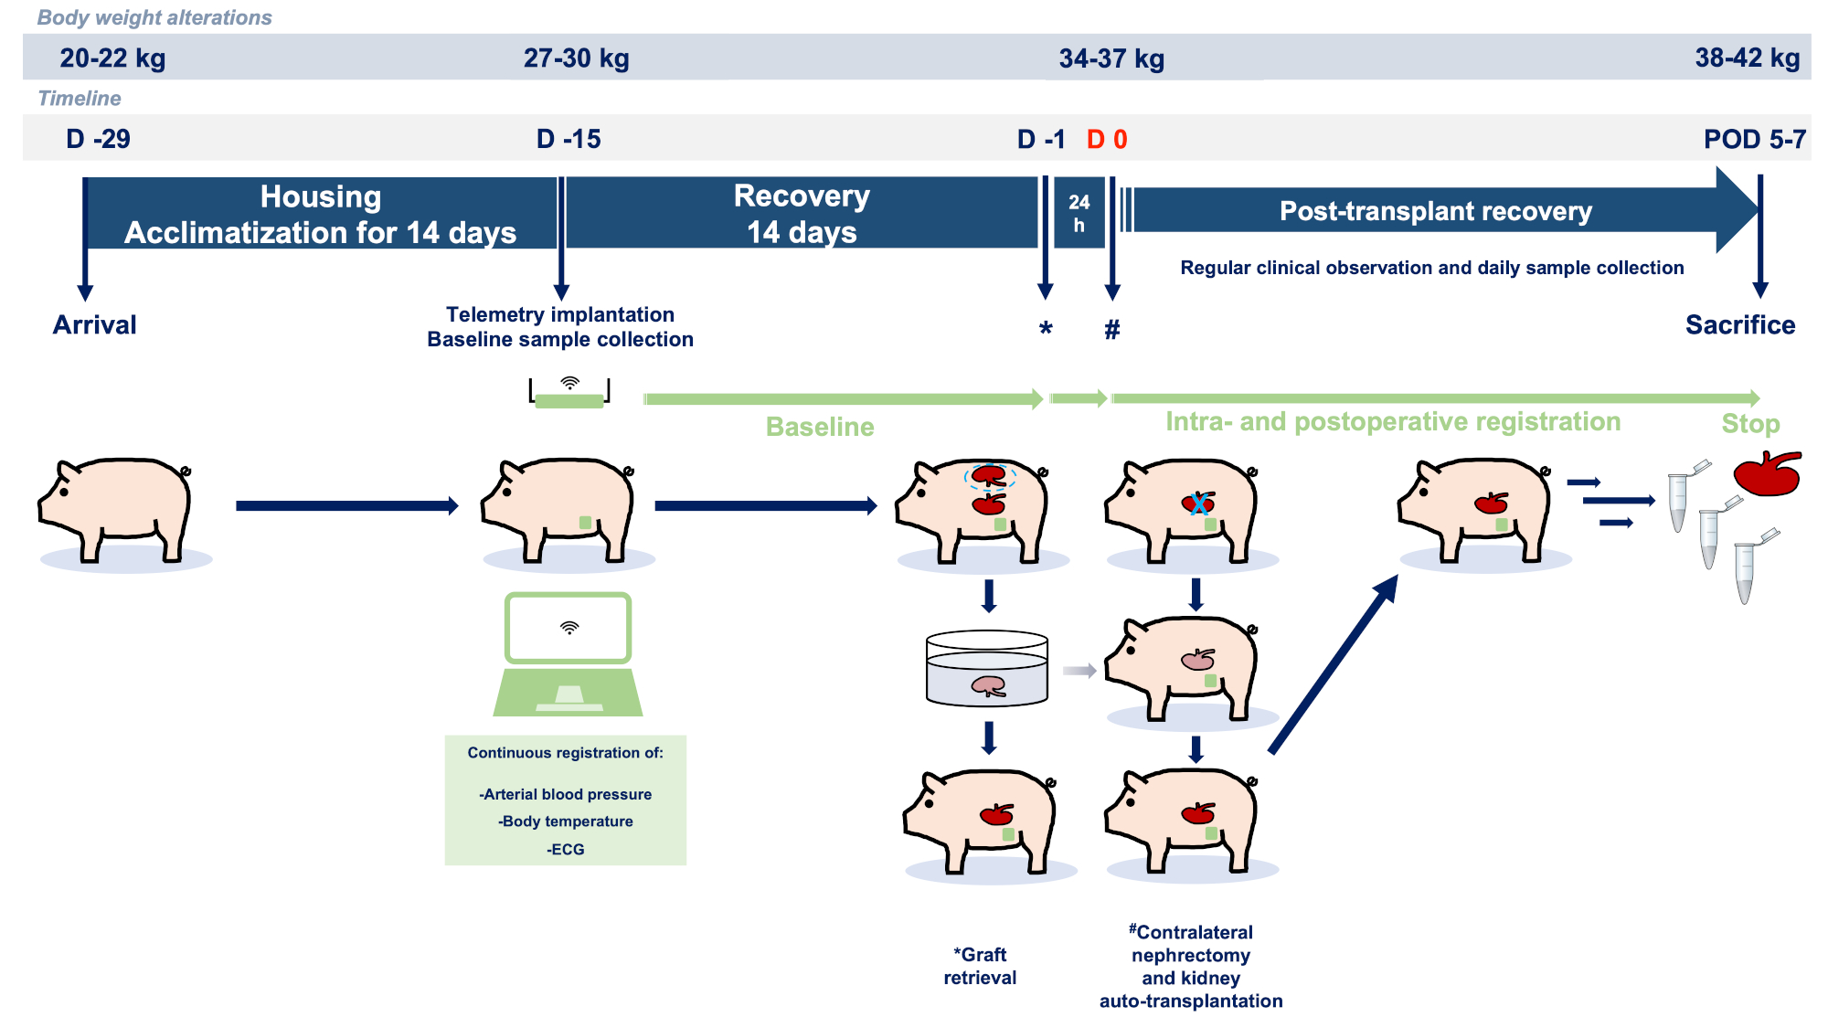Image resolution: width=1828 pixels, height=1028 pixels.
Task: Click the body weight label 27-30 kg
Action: click(x=576, y=58)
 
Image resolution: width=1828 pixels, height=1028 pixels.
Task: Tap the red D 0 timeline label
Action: click(x=1107, y=139)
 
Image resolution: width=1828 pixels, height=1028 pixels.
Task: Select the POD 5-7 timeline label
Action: click(x=1754, y=139)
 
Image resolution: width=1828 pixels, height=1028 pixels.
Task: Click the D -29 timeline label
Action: click(x=98, y=139)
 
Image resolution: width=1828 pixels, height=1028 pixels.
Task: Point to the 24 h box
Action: click(x=1079, y=213)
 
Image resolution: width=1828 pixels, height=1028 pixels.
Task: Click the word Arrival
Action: click(x=94, y=324)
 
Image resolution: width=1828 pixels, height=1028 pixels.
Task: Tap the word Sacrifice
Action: click(x=1739, y=324)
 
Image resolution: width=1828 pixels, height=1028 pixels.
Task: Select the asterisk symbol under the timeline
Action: click(x=1046, y=330)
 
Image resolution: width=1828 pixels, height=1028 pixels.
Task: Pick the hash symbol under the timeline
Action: click(x=1111, y=330)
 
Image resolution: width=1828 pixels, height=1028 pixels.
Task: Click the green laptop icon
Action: click(x=568, y=653)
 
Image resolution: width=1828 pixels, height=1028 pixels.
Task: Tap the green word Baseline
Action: click(x=820, y=427)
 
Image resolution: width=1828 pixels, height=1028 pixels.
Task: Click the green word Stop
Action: click(x=1750, y=424)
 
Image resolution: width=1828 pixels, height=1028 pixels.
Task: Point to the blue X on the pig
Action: click(x=1198, y=503)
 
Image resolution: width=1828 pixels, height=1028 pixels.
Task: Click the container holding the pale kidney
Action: click(x=987, y=669)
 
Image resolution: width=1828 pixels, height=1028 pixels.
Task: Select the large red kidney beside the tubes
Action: click(x=1767, y=474)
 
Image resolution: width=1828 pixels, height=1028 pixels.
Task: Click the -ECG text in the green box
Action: click(x=566, y=849)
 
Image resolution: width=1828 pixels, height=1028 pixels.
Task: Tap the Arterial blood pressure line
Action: click(x=566, y=794)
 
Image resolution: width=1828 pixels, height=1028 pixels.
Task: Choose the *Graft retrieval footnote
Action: click(x=980, y=966)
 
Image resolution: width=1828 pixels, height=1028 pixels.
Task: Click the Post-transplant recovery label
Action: click(x=1435, y=211)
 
